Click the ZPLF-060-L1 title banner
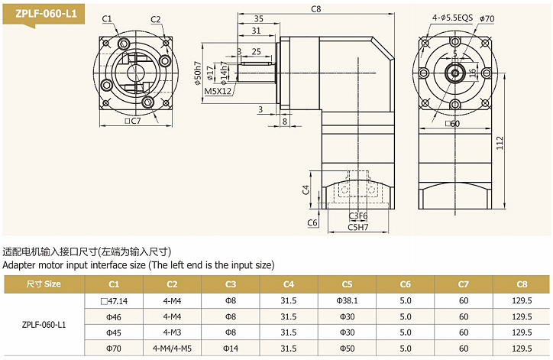(41, 13)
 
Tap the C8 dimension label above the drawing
(315, 8)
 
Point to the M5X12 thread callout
(218, 91)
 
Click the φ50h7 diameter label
(198, 70)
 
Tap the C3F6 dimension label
(358, 216)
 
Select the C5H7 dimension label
(358, 227)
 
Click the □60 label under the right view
(452, 122)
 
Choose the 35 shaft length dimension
(259, 18)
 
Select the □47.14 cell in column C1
(115, 300)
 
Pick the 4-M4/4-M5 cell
(173, 349)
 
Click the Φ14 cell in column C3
(231, 349)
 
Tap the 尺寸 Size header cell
(43, 284)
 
